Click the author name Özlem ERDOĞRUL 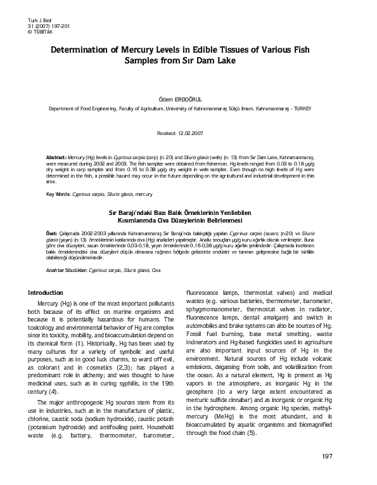188,100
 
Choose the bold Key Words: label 59,194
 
